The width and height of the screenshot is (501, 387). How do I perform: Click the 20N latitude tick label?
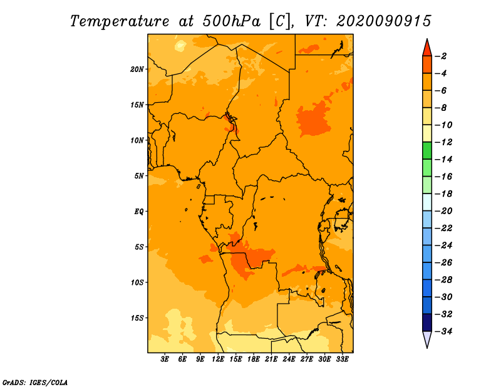click(137, 70)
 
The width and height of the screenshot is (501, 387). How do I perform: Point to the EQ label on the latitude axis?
click(138, 212)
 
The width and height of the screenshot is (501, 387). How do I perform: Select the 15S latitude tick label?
click(137, 318)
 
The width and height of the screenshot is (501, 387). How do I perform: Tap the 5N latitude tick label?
click(139, 176)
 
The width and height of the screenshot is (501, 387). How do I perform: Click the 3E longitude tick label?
click(165, 359)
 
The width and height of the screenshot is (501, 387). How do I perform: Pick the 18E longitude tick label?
click(254, 359)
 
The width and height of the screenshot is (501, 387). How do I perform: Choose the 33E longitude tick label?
click(342, 359)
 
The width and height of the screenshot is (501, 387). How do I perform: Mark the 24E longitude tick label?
click(289, 359)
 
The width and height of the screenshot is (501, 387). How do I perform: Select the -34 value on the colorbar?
click(443, 331)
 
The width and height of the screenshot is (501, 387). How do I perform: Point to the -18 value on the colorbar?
click(443, 194)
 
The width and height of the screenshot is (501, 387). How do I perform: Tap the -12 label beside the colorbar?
click(443, 142)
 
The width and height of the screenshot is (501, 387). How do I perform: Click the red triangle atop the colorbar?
click(427, 49)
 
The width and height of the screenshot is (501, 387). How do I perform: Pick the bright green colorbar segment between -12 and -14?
click(427, 151)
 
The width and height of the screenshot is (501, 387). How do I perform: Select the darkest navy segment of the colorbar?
click(427, 322)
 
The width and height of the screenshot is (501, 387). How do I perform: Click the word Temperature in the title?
click(120, 22)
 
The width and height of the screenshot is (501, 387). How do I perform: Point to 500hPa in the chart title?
click(231, 21)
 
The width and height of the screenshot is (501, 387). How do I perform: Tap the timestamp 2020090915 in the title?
click(384, 21)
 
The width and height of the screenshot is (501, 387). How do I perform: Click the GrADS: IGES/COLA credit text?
click(35, 383)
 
